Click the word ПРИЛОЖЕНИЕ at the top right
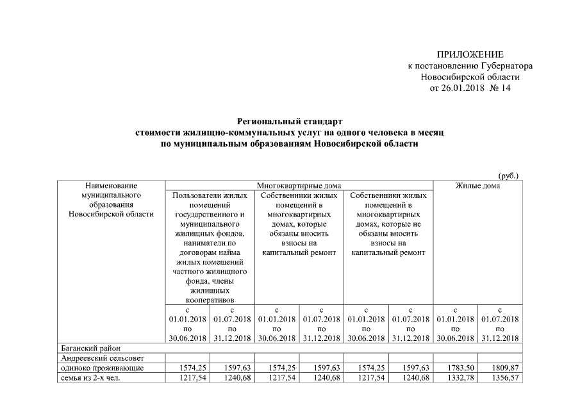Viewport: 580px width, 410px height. tap(470, 54)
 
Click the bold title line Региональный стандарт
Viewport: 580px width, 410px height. tap(290, 121)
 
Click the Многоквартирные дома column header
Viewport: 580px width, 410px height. tap(299, 186)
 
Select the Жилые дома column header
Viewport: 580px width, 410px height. tap(477, 186)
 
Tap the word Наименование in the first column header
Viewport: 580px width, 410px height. tap(111, 186)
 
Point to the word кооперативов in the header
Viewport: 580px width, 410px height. tap(210, 299)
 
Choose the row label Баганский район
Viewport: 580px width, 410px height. tap(87, 348)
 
